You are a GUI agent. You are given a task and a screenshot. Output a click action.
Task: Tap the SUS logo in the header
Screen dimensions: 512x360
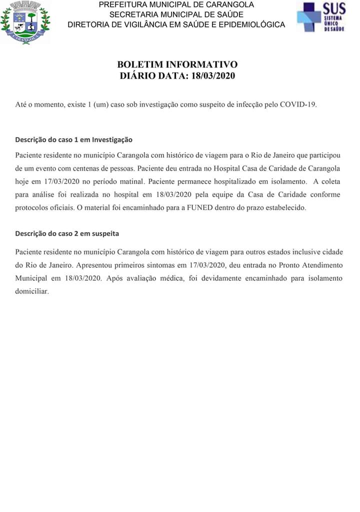[x=321, y=18]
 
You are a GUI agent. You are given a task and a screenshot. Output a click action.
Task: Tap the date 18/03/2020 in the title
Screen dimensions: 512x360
[x=211, y=76]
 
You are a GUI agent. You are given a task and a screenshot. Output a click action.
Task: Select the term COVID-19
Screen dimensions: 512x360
[x=298, y=105]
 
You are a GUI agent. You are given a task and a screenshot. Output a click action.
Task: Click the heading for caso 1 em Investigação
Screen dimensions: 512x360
[x=73, y=139]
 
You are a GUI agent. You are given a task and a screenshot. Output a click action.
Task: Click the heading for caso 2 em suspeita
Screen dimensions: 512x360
[x=67, y=233]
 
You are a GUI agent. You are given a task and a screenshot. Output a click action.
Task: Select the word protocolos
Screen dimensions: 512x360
[x=32, y=207]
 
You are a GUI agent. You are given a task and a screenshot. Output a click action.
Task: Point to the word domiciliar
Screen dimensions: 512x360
[x=32, y=290]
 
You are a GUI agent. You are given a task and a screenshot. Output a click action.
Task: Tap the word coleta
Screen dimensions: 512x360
[x=330, y=181]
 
